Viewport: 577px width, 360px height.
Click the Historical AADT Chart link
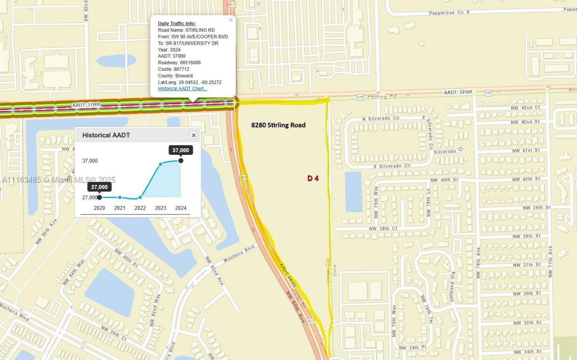click(x=183, y=89)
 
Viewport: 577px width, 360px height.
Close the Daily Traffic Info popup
click(x=231, y=20)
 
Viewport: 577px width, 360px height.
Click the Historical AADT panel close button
click(x=193, y=135)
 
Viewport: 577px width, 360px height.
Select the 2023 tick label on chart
click(x=160, y=208)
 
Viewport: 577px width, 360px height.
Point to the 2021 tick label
click(x=119, y=208)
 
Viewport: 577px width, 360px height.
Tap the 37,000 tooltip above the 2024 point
click(x=180, y=150)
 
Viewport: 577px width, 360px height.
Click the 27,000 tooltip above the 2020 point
click(x=99, y=187)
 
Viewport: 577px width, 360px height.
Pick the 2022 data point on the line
click(x=140, y=197)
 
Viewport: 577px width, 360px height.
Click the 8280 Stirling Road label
click(x=278, y=125)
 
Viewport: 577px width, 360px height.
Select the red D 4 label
click(x=313, y=178)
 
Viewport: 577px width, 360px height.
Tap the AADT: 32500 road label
click(x=458, y=92)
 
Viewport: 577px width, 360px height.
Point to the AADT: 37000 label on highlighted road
click(x=86, y=105)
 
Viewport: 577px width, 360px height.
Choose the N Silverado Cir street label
click(x=381, y=119)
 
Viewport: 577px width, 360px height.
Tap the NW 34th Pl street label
click(x=412, y=347)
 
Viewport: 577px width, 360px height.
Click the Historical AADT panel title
click(x=106, y=135)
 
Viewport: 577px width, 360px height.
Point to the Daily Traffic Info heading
click(x=177, y=23)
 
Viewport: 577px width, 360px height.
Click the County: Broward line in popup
click(x=175, y=76)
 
